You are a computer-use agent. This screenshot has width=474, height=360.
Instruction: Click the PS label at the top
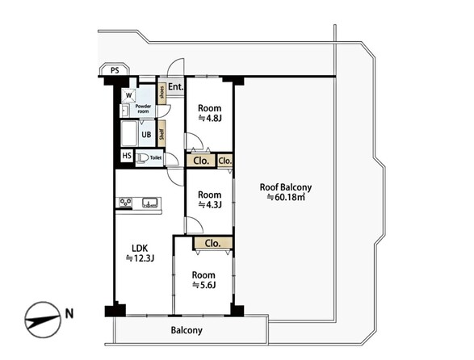(115, 71)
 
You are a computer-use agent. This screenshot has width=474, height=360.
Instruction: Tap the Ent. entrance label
(176, 87)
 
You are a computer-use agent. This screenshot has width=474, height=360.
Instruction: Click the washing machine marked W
(128, 95)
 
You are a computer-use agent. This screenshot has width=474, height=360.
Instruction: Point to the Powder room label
(143, 109)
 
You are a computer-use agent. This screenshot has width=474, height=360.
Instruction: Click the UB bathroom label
(146, 134)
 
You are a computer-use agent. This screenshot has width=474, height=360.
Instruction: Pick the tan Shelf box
(161, 134)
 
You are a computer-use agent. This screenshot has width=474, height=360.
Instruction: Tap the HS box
(127, 156)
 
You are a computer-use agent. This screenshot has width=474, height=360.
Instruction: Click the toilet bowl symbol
(143, 158)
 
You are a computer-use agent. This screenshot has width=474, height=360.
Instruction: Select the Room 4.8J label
(209, 113)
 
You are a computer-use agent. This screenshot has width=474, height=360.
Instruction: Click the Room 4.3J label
(209, 199)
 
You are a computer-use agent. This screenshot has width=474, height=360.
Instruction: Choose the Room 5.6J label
(203, 280)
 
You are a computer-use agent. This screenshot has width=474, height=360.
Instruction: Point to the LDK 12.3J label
(140, 253)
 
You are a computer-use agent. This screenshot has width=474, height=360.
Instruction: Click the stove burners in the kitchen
(125, 203)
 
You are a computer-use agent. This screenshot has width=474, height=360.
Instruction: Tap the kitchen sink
(150, 203)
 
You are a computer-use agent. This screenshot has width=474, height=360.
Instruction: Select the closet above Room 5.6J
(213, 243)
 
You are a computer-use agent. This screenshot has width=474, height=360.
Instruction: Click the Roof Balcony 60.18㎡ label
(286, 192)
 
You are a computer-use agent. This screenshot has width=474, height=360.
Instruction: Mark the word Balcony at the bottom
(187, 330)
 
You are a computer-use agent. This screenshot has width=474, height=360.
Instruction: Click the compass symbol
(43, 320)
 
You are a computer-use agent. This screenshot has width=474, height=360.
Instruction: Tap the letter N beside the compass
(69, 314)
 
